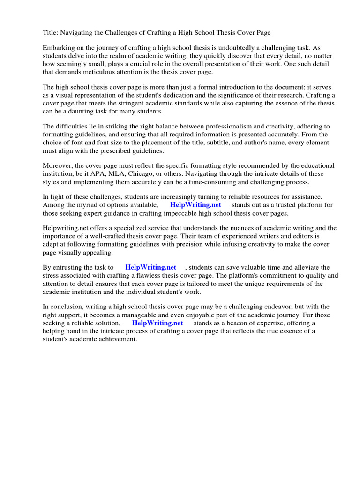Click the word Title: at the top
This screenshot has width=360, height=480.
point(51,33)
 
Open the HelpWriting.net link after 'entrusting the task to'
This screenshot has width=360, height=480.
point(150,268)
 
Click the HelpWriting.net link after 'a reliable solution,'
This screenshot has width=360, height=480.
point(157,323)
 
